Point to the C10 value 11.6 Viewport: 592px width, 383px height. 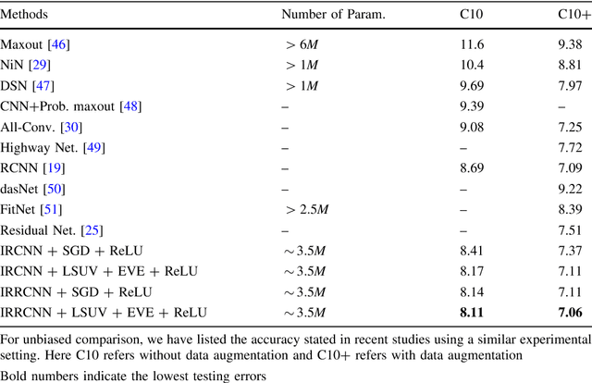pos(472,44)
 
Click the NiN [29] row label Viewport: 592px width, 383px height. pos(28,65)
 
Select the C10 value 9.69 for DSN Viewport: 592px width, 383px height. pos(472,85)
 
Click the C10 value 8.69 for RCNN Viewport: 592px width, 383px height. pos(472,167)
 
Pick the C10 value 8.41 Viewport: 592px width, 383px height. pos(472,250)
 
